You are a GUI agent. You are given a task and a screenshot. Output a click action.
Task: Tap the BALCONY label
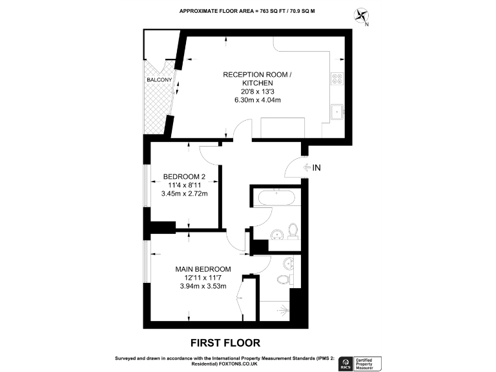click(159, 79)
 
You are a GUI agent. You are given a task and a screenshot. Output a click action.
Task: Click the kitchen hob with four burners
click(337, 79)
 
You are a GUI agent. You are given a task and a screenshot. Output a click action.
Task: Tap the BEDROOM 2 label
click(184, 177)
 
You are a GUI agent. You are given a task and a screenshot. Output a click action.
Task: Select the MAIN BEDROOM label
click(203, 269)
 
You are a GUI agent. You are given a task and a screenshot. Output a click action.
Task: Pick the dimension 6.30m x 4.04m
click(256, 101)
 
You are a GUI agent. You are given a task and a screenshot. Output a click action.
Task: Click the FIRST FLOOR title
click(225, 342)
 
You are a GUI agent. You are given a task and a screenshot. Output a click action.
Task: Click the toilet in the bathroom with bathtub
click(293, 231)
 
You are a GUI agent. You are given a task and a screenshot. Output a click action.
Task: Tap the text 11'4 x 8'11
click(184, 186)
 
